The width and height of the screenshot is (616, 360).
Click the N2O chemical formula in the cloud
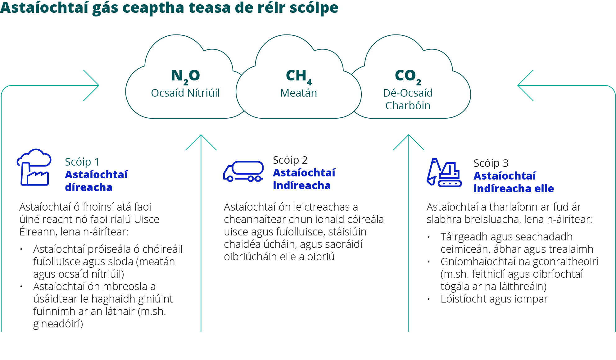pos(185,76)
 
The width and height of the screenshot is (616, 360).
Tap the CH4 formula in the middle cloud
pos(299,76)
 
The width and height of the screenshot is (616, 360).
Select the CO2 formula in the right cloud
pos(408,76)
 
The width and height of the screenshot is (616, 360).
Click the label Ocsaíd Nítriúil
pos(185,93)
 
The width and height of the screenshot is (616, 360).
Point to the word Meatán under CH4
pos(299,93)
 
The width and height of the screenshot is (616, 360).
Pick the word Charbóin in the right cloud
pos(408,106)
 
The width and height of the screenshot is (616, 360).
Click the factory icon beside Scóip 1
pos(34,167)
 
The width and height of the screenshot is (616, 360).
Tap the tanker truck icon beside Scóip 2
pos(243,171)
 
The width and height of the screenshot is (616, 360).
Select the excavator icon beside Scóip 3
pos(444,172)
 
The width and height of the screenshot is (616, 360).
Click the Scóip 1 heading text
pos(82,162)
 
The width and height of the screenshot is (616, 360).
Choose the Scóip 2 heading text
pos(290,160)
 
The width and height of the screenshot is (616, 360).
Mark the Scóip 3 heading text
pos(491,163)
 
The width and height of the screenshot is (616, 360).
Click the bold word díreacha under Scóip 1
pos(89,187)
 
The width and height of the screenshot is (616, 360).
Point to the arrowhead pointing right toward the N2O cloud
pos(91,85)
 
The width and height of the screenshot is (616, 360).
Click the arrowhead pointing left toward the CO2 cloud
pos(525,85)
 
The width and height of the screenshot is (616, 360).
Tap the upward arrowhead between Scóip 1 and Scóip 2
pos(201,142)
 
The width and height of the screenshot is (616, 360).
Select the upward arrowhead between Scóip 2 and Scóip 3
pos(409,142)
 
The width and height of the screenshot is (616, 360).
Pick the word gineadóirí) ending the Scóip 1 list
pos(58,324)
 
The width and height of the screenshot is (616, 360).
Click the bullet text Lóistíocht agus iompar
pos(494,299)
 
